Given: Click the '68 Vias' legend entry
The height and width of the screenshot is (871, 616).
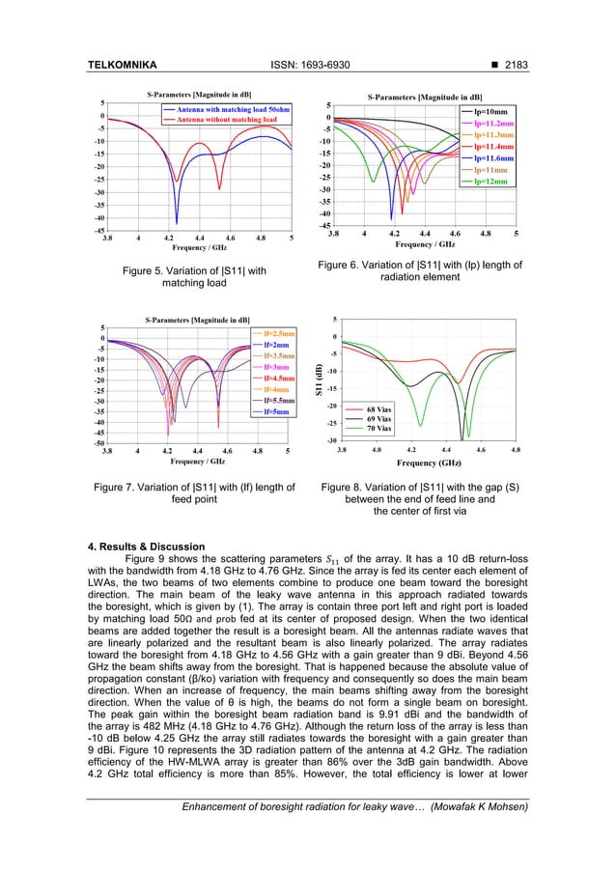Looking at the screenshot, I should pyautogui.click(x=378, y=410).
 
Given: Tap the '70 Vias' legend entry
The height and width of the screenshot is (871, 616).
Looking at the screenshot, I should pyautogui.click(x=378, y=428).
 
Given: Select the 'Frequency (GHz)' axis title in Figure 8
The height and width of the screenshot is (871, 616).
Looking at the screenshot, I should pyautogui.click(x=436, y=464).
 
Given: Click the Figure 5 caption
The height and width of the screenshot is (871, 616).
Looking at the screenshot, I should pyautogui.click(x=189, y=277).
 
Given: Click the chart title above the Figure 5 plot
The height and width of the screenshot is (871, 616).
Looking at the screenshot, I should pyautogui.click(x=198, y=95).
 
